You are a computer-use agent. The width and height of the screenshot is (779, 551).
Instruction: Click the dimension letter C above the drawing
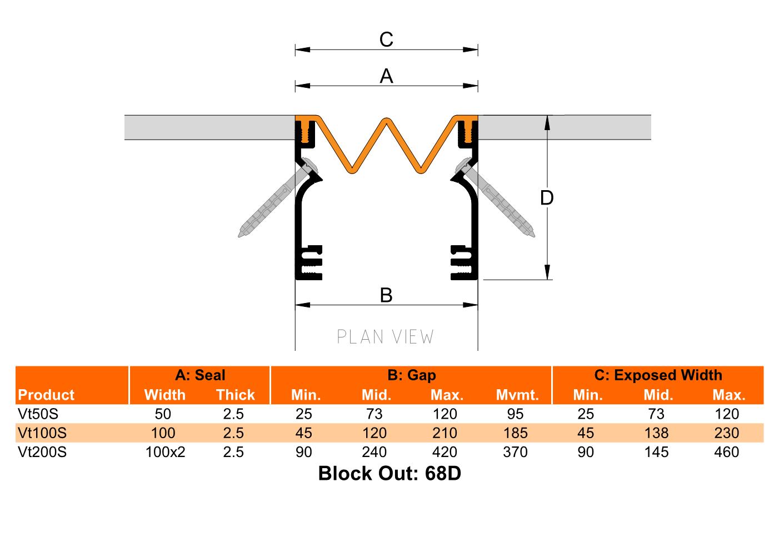click(386, 40)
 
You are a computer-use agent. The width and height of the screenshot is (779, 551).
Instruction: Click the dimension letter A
click(386, 76)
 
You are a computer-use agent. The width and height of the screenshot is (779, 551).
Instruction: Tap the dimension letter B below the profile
click(386, 295)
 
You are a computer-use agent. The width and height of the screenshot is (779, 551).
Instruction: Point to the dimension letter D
click(547, 197)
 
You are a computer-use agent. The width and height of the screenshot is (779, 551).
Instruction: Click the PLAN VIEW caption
click(386, 337)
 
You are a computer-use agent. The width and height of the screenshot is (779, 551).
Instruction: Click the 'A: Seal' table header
click(200, 375)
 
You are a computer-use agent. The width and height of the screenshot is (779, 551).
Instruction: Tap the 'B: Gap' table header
click(411, 375)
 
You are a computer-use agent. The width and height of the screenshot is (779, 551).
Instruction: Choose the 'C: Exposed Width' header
click(658, 375)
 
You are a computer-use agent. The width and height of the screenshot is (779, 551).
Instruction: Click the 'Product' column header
click(46, 395)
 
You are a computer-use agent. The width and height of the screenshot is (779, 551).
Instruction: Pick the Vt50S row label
click(38, 414)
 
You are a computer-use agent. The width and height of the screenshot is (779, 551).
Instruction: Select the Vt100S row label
click(42, 433)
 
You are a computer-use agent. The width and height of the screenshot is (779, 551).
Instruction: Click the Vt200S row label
click(42, 452)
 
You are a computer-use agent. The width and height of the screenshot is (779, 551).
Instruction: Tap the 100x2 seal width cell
click(165, 452)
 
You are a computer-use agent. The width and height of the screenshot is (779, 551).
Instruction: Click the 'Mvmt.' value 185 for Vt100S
click(515, 433)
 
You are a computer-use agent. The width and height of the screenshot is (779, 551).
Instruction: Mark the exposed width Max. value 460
click(727, 452)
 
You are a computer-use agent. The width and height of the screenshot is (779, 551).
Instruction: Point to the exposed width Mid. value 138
click(656, 433)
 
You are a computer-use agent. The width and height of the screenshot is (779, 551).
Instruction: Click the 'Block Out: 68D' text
click(389, 474)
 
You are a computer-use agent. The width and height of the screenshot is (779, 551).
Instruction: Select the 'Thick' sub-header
click(235, 395)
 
